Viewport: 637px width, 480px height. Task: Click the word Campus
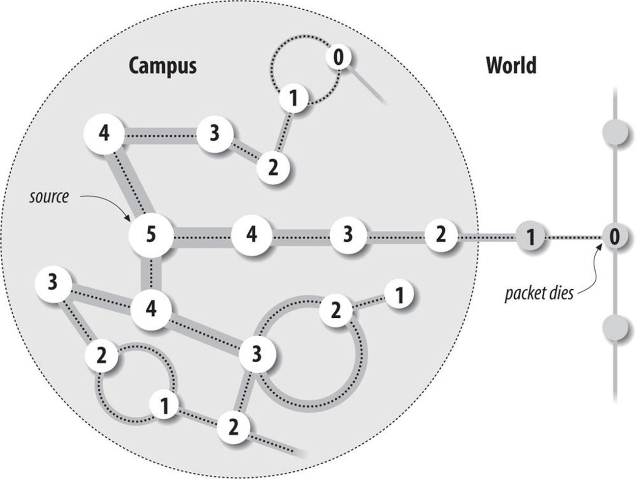162,66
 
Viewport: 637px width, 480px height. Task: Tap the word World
511,66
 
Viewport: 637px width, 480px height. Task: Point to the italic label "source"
48,196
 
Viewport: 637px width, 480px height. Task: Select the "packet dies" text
539,294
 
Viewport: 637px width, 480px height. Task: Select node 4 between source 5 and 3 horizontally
251,236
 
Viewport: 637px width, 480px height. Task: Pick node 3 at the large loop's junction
257,353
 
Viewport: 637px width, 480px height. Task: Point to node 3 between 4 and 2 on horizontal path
348,236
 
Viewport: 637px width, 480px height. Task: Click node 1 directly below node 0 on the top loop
293,98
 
